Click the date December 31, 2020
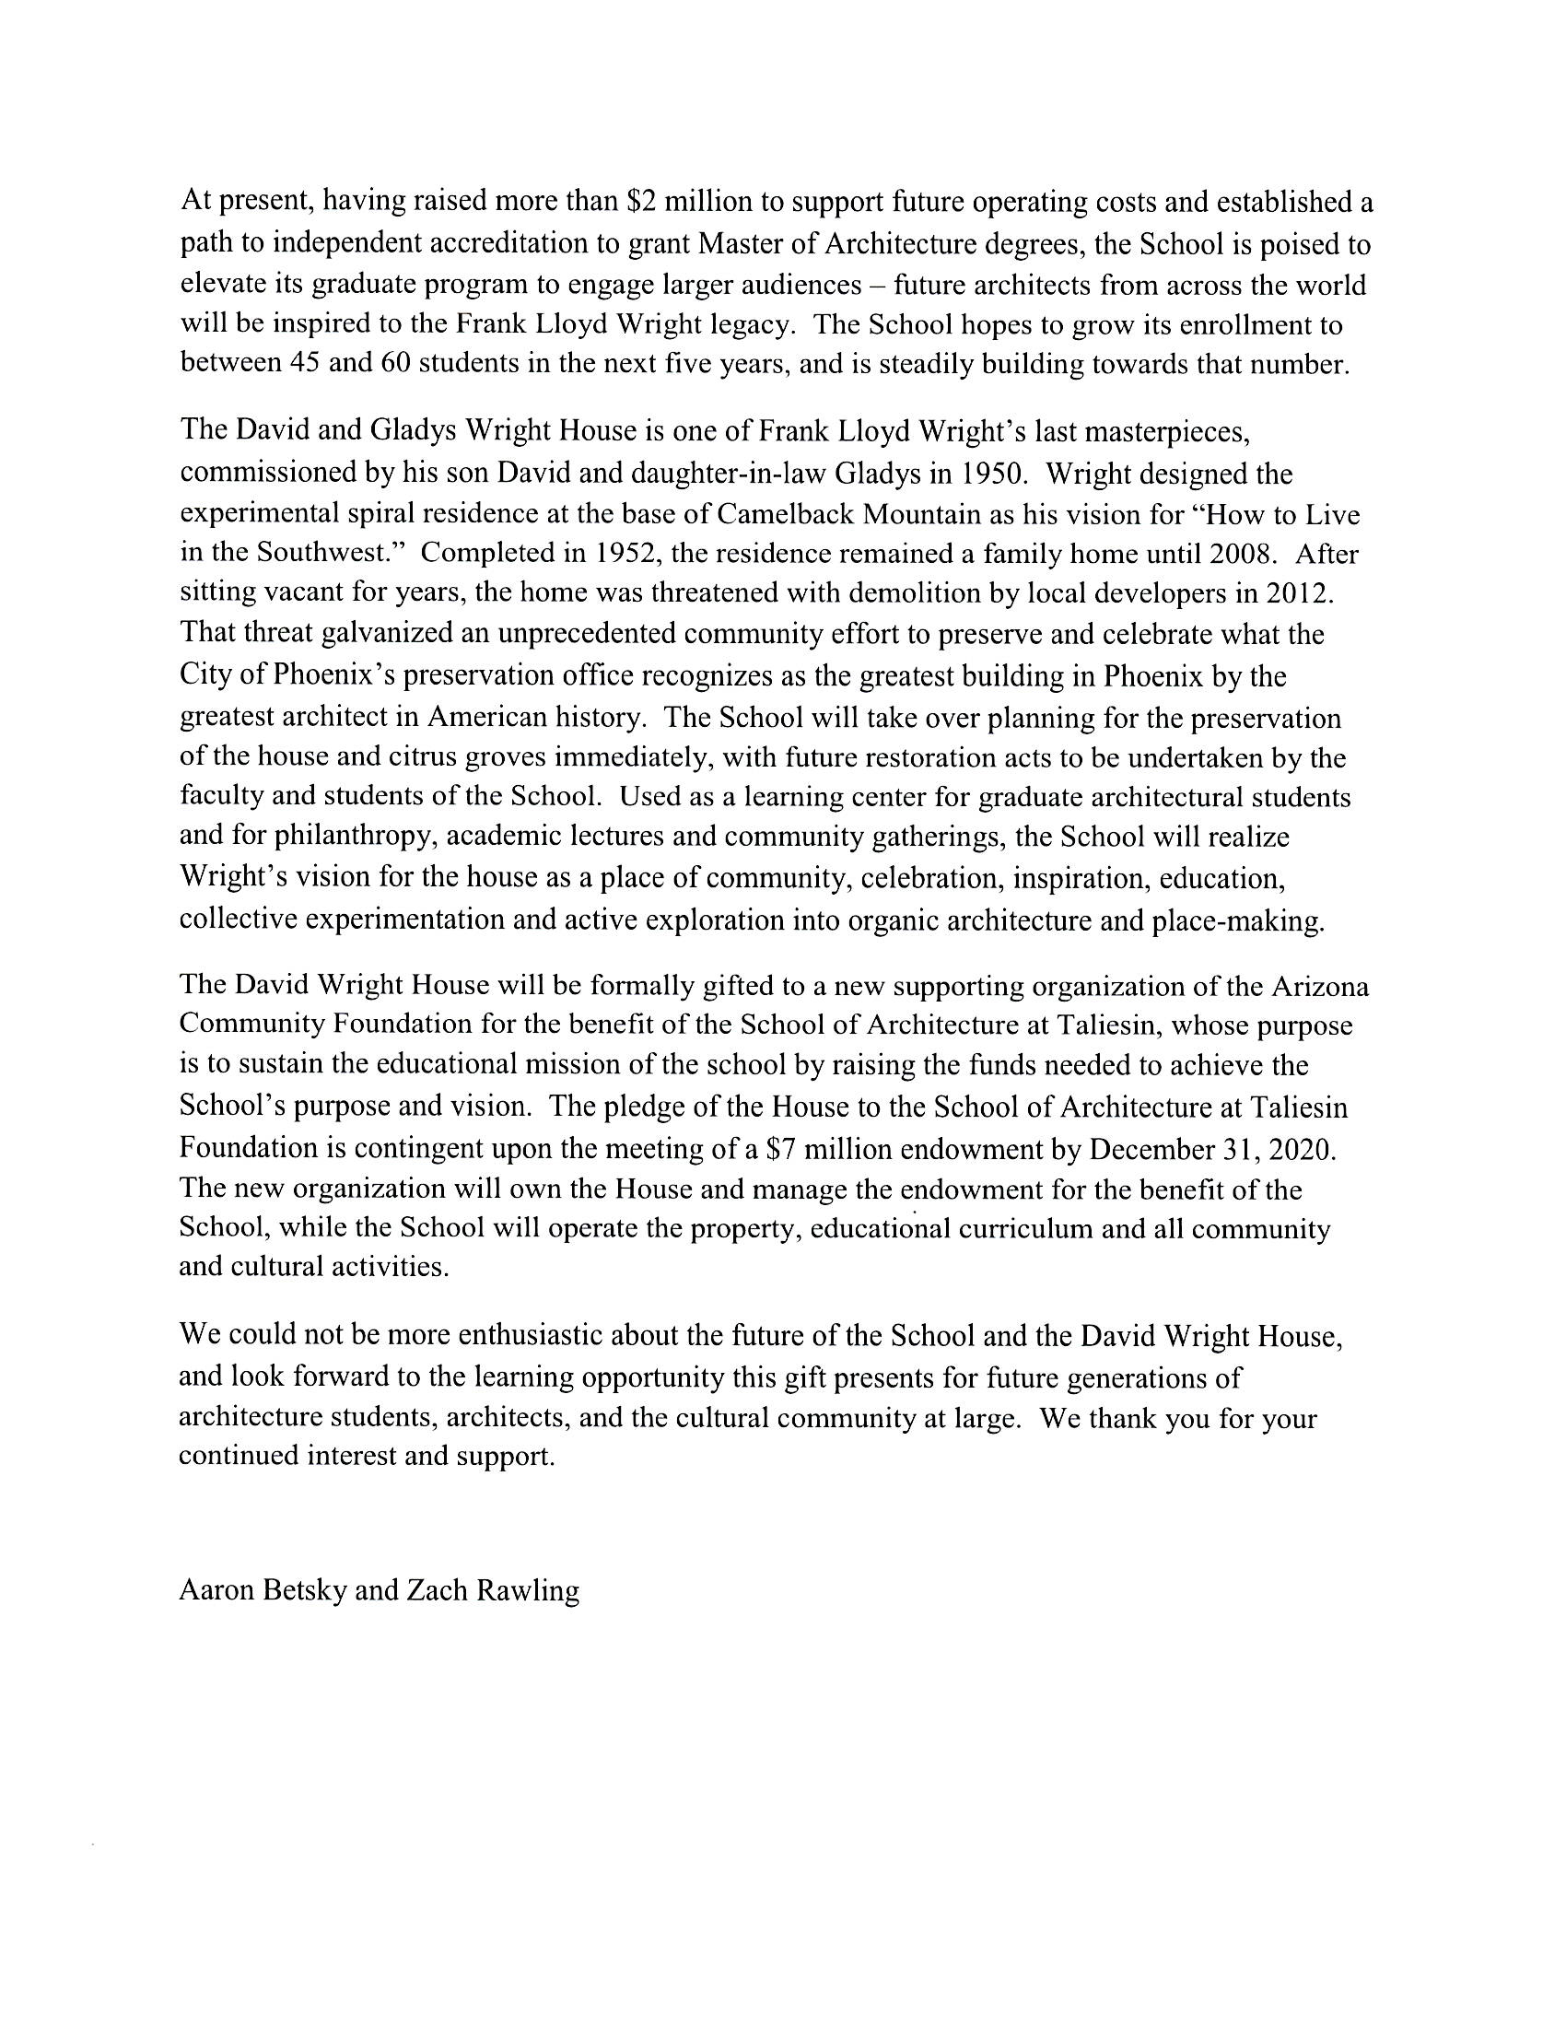click(x=1212, y=1149)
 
